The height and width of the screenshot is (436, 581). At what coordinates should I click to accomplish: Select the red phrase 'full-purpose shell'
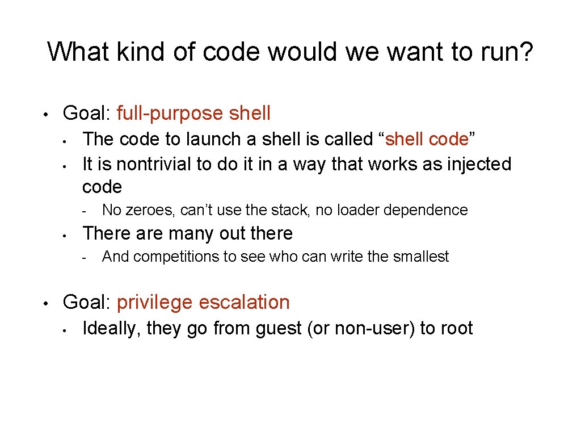click(x=193, y=113)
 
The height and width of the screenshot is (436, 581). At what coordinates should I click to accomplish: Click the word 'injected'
click(x=479, y=164)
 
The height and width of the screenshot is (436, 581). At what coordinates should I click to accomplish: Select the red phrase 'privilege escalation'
click(x=203, y=302)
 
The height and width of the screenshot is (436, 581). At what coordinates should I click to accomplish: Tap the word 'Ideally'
click(x=111, y=328)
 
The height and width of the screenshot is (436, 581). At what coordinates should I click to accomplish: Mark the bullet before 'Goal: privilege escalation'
click(x=50, y=302)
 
